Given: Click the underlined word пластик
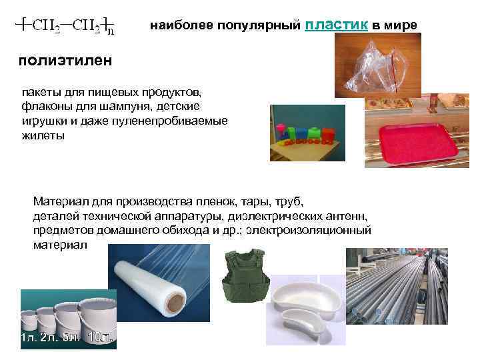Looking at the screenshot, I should (336, 25).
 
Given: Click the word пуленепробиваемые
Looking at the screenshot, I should (166, 121).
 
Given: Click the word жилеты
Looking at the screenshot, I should (43, 135).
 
